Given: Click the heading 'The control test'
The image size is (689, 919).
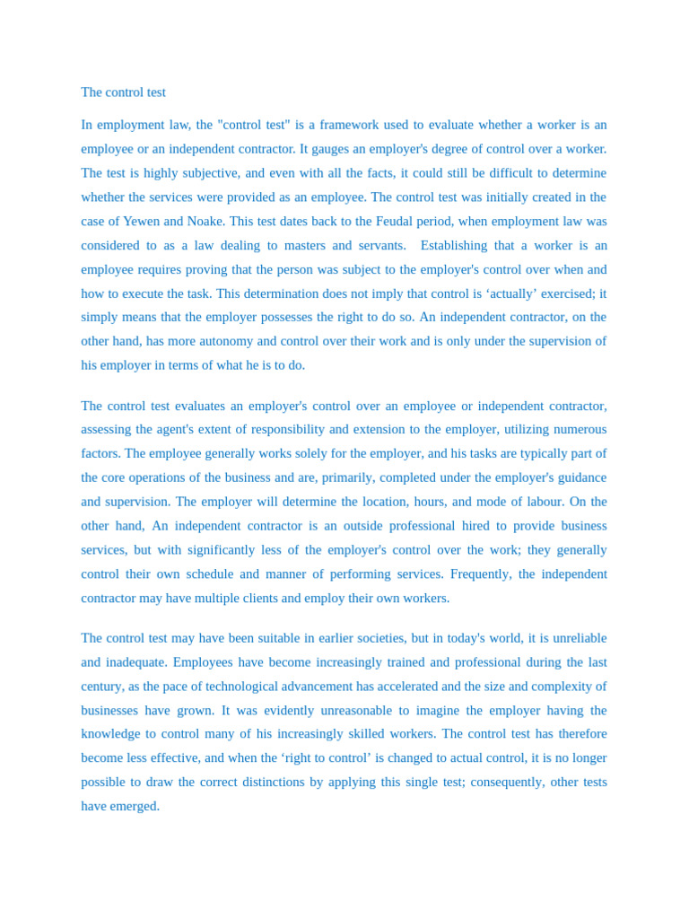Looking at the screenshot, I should click(123, 92).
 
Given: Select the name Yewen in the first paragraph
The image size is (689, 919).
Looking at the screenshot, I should click(142, 221).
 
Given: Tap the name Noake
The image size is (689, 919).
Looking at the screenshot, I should click(205, 221).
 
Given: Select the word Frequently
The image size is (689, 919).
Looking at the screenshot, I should click(480, 573).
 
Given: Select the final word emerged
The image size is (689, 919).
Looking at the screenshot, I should click(135, 806).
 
